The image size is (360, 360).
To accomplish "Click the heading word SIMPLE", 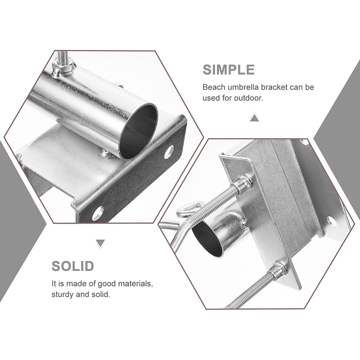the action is click(229, 70).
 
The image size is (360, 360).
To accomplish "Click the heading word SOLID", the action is click(73, 266).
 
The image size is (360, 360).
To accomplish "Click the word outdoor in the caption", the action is click(249, 98).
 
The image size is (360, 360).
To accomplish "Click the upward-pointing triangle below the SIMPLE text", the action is click(254, 117).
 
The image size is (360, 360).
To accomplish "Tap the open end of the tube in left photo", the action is click(138, 131).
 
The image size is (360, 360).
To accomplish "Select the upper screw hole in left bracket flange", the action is click(169, 152).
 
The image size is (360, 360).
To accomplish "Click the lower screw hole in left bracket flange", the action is click(98, 213).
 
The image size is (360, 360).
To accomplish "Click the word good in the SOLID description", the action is click(107, 284).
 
